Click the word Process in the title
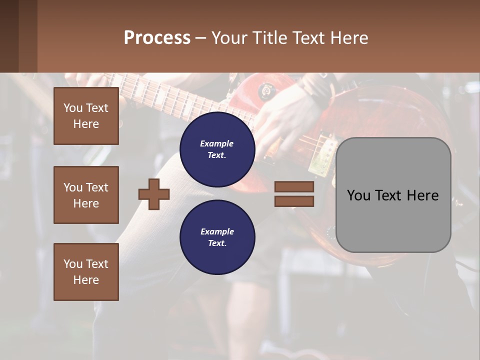157,38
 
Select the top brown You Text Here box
86,116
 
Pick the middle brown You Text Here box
86,195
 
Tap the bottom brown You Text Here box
86,272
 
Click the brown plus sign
154,193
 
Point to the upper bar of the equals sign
294,186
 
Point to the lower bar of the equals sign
294,201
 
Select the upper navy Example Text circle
217,149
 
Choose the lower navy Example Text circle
217,237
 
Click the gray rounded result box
393,220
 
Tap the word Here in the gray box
423,195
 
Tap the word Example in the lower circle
217,231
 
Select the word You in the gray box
358,195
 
